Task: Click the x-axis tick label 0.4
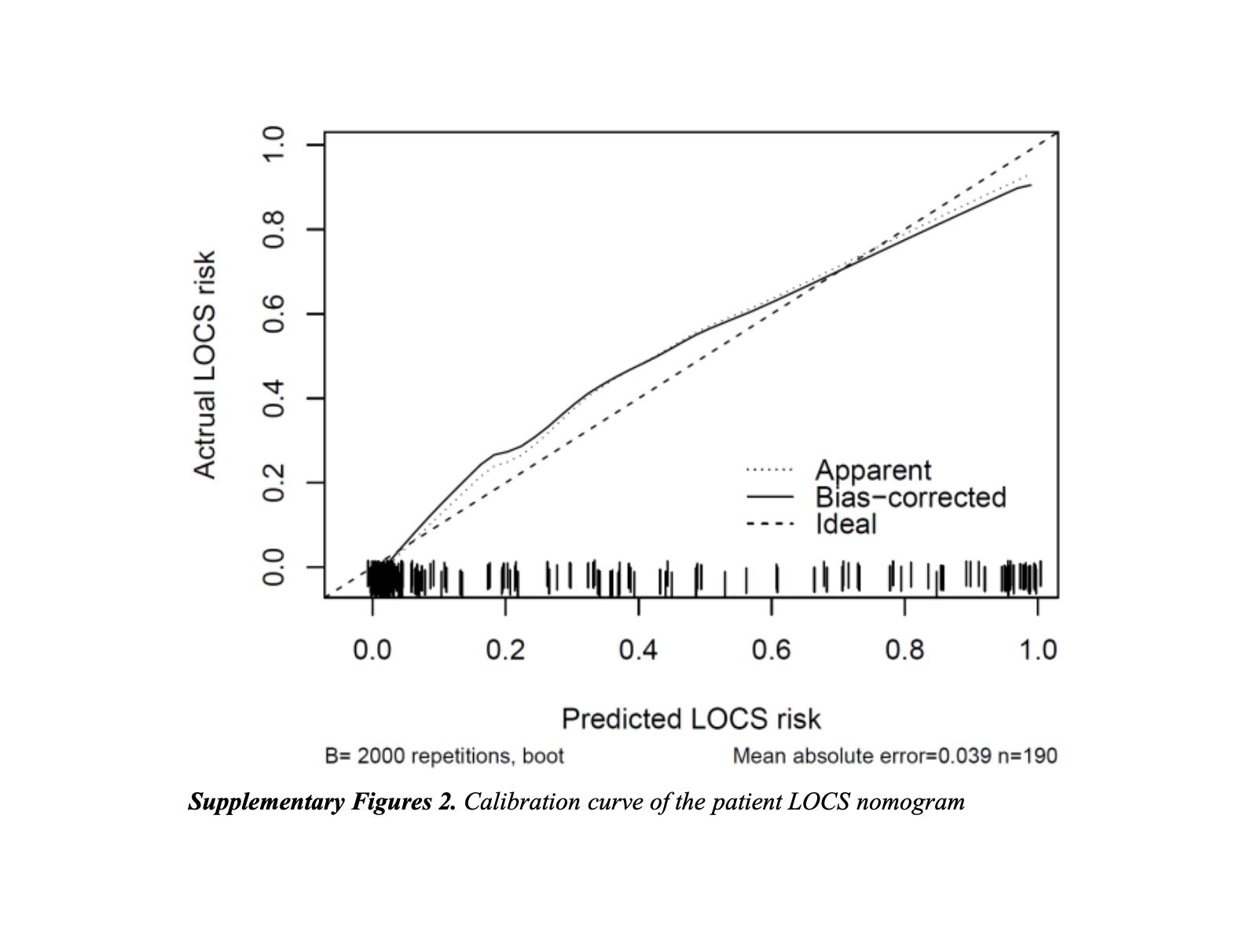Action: click(x=638, y=650)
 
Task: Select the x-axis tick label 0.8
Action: click(x=904, y=650)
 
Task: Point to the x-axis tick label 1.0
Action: click(x=1037, y=650)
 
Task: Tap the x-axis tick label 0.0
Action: click(x=372, y=650)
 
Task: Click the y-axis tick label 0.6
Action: click(x=273, y=314)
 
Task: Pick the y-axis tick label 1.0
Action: click(x=273, y=145)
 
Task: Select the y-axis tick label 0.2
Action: click(x=273, y=483)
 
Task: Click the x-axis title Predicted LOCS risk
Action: click(x=691, y=719)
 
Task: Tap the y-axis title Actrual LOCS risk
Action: click(x=204, y=365)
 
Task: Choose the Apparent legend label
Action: click(x=873, y=470)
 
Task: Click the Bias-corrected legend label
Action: click(x=911, y=497)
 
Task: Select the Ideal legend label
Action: click(x=845, y=523)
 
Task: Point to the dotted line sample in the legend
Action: click(x=769, y=470)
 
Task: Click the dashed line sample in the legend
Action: click(x=769, y=524)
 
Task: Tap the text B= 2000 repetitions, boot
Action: click(x=444, y=756)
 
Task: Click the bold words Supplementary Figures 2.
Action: click(x=322, y=802)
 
